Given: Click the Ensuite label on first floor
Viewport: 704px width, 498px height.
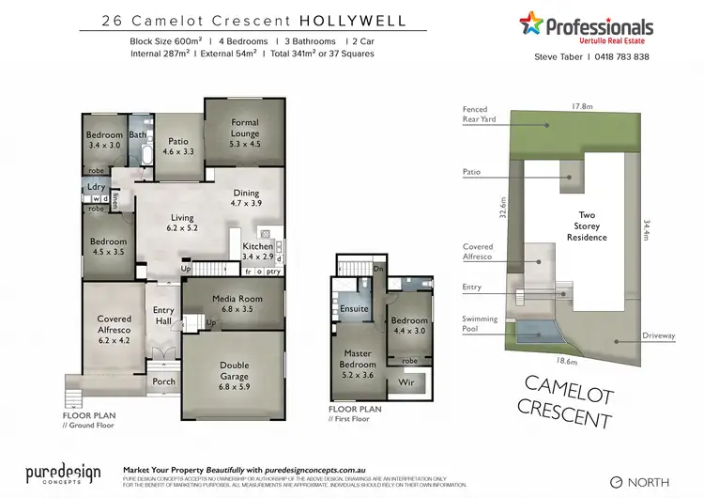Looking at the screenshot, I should [355, 308].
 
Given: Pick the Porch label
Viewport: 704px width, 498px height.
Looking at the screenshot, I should [163, 381].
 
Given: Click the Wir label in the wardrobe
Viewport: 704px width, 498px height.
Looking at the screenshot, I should [406, 382].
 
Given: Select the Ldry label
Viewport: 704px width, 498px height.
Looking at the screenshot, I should [96, 187].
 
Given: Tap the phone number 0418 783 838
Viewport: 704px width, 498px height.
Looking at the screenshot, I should [617, 57].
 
